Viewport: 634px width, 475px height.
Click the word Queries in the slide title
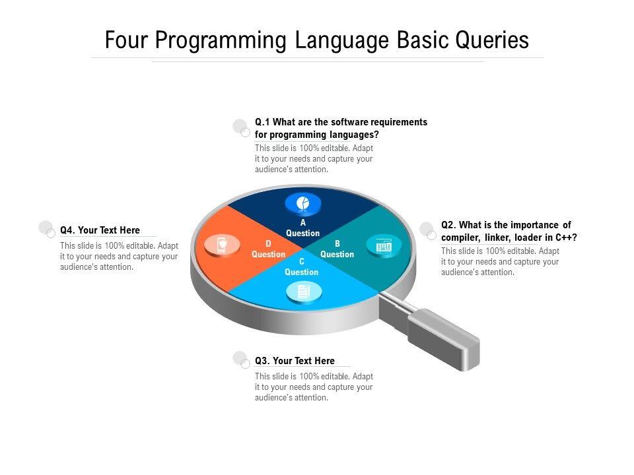(492, 40)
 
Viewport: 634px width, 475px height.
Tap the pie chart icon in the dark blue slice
(303, 203)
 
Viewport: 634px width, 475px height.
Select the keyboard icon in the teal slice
(384, 245)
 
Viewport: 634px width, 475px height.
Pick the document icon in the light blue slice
(304, 291)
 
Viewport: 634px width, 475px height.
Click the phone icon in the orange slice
(222, 245)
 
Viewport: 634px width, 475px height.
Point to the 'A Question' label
(303, 228)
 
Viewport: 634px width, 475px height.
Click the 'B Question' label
(337, 249)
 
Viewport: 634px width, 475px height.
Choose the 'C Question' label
(301, 267)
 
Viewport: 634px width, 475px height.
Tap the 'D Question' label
(268, 249)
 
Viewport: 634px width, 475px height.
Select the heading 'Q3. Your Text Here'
(295, 361)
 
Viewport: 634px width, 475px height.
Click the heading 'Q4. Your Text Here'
(100, 230)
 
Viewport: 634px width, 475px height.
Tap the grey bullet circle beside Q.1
(241, 127)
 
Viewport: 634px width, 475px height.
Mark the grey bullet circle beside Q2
(427, 230)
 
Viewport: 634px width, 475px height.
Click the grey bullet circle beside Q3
(241, 360)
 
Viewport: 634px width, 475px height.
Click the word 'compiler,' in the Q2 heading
(460, 237)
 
